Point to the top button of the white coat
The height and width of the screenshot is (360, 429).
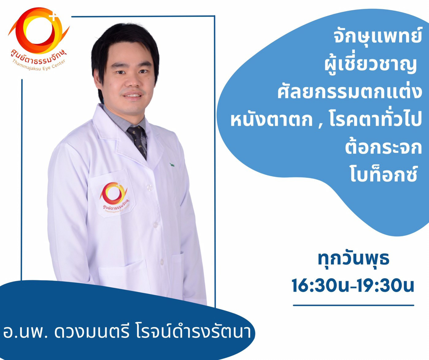coord(150,187)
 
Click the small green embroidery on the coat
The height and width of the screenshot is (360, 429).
coord(172,165)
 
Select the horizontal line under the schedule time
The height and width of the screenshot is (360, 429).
coord(354,306)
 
